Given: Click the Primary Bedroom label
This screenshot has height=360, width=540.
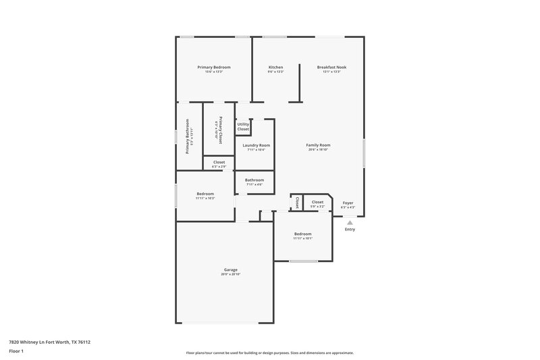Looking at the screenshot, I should (x=214, y=68).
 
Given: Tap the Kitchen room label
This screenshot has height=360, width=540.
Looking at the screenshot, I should (x=275, y=68).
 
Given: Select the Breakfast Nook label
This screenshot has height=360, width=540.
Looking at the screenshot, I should (x=331, y=68).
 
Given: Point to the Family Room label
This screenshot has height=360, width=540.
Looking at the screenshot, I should (x=319, y=145).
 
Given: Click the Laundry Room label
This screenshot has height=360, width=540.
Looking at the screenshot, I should (x=256, y=145).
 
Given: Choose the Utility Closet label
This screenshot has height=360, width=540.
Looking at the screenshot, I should (x=243, y=126).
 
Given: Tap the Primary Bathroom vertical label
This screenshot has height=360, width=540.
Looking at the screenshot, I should (x=187, y=136).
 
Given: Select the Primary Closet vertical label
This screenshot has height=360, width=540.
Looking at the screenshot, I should (x=219, y=128).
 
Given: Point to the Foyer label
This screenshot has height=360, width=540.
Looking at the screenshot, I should (x=348, y=202).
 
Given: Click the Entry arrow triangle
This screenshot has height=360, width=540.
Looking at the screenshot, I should (x=350, y=221).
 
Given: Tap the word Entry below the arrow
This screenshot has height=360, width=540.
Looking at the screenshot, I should (x=350, y=230).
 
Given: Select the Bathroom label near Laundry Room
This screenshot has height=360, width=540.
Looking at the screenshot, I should (x=254, y=180).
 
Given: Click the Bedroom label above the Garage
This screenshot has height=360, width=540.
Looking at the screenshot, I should (x=205, y=194).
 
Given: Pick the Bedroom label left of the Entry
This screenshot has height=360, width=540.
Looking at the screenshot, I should (x=302, y=234).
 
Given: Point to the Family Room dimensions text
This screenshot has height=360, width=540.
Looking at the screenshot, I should (x=319, y=150).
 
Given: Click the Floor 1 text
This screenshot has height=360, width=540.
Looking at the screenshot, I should (x=17, y=352).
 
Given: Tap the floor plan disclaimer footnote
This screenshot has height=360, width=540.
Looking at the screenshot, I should (x=269, y=353).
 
